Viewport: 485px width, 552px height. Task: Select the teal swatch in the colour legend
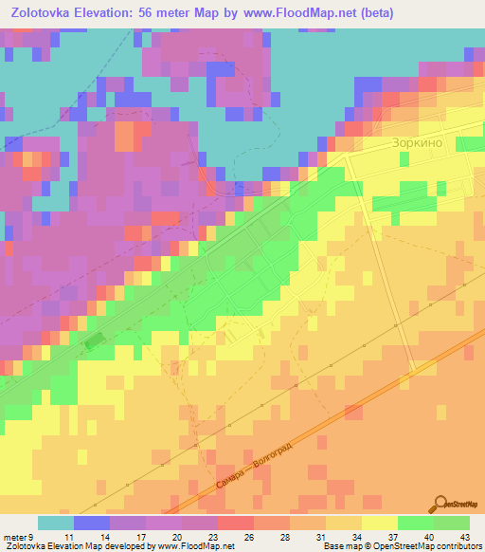point(55,523)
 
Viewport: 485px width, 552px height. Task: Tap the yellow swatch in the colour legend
point(379,523)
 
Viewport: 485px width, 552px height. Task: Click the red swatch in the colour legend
point(235,523)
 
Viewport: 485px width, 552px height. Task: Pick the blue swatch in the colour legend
point(91,523)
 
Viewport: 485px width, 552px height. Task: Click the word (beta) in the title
point(373,12)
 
